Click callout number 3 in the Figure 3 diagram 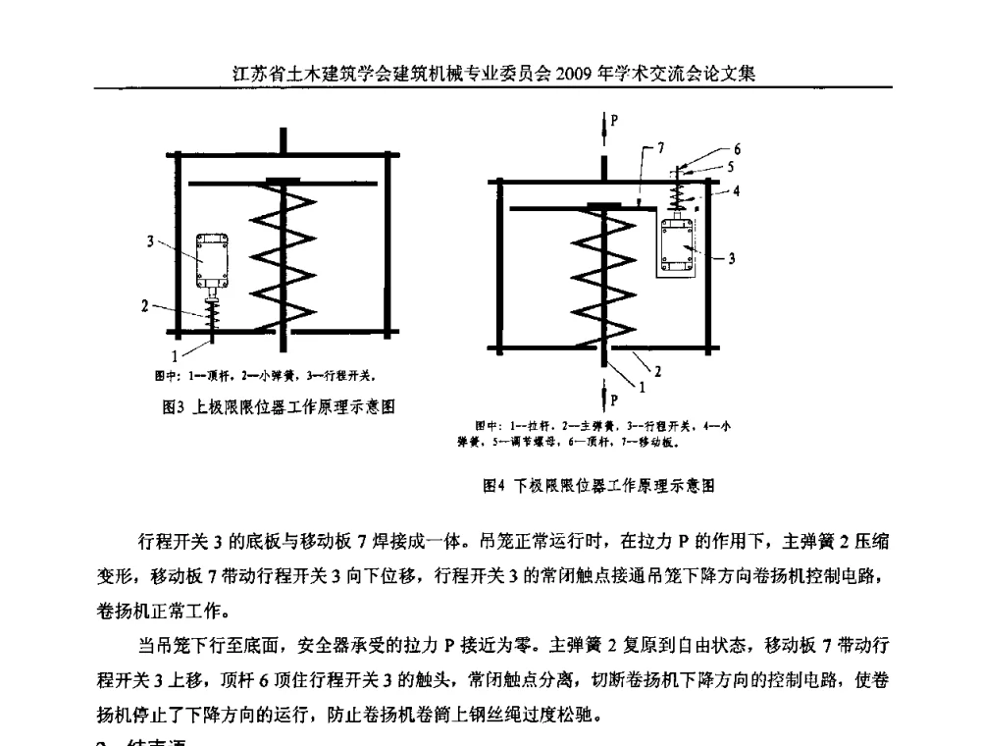pos(150,240)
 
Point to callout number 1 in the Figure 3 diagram pos(176,356)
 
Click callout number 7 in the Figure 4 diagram pos(660,147)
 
